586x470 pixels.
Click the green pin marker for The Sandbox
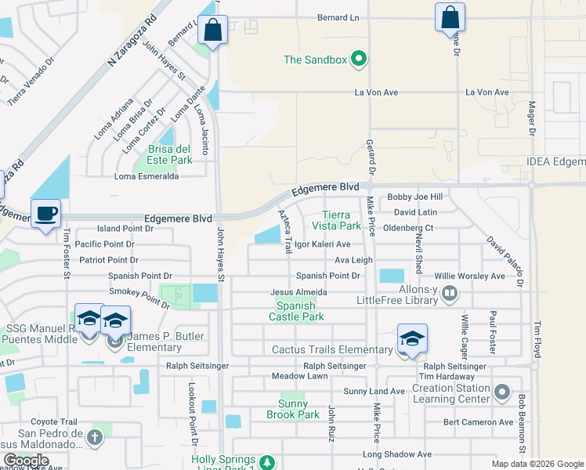[359, 59]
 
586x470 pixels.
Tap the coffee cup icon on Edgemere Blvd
[46, 214]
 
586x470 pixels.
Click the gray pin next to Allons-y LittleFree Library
[450, 295]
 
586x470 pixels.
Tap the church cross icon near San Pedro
[95, 437]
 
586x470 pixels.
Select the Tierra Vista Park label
[342, 220]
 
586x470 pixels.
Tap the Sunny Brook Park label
[292, 408]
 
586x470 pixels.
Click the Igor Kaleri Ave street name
[322, 244]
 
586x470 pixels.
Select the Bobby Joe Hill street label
[415, 197]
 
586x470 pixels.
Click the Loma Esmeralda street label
[146, 176]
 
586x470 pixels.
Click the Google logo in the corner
[25, 461]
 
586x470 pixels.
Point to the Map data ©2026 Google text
[537, 464]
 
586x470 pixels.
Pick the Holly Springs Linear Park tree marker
[267, 462]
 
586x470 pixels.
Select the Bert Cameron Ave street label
[478, 422]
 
